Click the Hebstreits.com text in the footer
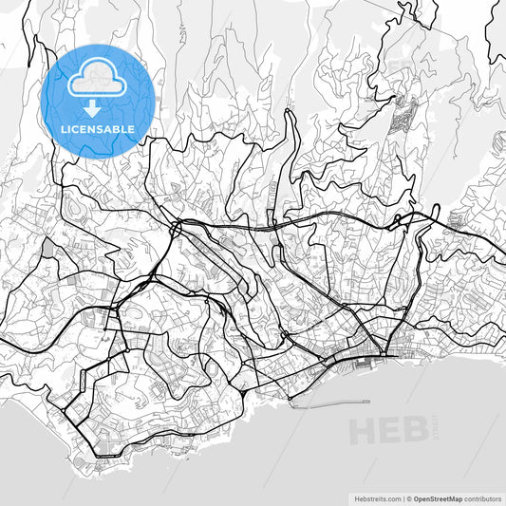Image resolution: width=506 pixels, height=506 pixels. coord(373,497)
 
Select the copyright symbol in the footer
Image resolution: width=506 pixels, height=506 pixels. coord(411,497)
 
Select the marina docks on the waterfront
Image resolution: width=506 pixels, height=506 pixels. coord(365,360)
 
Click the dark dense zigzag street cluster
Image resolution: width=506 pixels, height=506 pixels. coord(406,114)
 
